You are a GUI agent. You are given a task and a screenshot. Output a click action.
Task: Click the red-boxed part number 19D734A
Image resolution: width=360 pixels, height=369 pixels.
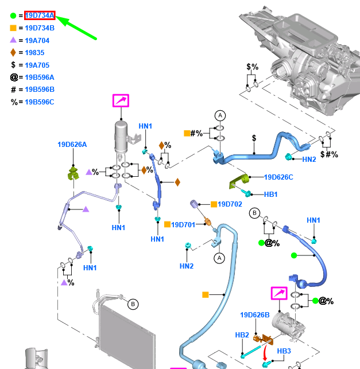[x=40, y=15]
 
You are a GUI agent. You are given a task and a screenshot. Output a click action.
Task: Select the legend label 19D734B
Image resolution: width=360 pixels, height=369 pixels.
[x=40, y=28]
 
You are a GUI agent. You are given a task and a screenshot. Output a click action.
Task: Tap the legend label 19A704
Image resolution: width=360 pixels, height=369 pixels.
[x=37, y=40]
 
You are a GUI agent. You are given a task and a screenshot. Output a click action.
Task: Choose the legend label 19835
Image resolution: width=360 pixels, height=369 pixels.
[x=34, y=53]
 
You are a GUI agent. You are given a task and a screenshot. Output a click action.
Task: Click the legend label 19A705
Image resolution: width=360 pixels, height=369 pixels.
[x=37, y=65]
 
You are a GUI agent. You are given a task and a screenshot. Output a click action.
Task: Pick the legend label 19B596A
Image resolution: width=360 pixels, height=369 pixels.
[x=40, y=77]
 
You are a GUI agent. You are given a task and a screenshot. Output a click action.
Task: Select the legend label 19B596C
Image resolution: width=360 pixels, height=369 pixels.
[x=40, y=102]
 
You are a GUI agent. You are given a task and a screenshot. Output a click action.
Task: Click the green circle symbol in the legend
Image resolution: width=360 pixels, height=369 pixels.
[x=13, y=15]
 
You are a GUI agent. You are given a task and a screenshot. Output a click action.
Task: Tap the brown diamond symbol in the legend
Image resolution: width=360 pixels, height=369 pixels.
[x=13, y=53]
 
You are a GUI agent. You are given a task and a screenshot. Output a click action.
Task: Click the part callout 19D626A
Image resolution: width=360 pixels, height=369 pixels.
[x=72, y=145]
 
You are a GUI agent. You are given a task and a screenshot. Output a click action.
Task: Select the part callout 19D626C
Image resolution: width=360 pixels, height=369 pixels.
[x=278, y=177]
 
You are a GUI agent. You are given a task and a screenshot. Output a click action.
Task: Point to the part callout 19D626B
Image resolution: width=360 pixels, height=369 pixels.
[x=255, y=315]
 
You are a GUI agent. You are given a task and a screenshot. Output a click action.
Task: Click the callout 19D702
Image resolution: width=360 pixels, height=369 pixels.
[x=230, y=204]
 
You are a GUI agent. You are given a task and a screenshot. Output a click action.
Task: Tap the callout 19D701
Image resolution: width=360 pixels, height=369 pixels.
[x=184, y=224]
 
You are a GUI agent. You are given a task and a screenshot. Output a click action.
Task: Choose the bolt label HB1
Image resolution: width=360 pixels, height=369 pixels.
[x=271, y=195]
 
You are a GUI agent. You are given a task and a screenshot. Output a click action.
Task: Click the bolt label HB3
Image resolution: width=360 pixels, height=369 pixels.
[x=285, y=351]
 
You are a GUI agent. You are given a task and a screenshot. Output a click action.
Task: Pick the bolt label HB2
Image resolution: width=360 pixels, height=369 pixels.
[x=242, y=335]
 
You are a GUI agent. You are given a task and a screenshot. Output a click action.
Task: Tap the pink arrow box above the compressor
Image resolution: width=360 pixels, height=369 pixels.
[x=279, y=294]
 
